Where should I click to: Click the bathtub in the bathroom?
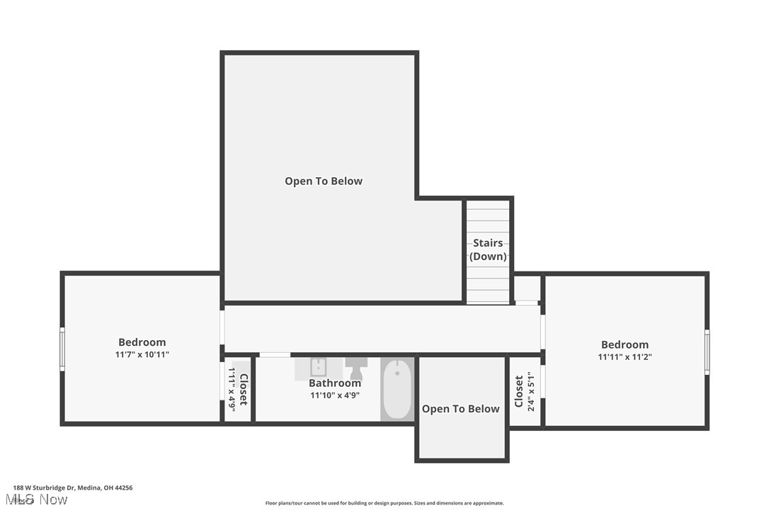397,390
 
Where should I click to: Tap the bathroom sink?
318,368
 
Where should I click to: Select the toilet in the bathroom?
356,368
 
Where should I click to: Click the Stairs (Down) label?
488,249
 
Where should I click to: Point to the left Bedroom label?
142,342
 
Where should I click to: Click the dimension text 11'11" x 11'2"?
625,357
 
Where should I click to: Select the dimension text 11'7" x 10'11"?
142,354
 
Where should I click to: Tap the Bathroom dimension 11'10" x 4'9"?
335,395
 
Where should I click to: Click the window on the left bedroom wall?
62,349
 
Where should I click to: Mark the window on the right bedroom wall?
707,351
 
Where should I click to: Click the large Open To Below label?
324,181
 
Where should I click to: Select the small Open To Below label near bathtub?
461,409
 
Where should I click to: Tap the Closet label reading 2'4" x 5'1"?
525,392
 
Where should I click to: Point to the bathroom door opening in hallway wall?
275,354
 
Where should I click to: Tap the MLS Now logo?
40,500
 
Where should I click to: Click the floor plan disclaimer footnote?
384,503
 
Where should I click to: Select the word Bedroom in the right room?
625,345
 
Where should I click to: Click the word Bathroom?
335,383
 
